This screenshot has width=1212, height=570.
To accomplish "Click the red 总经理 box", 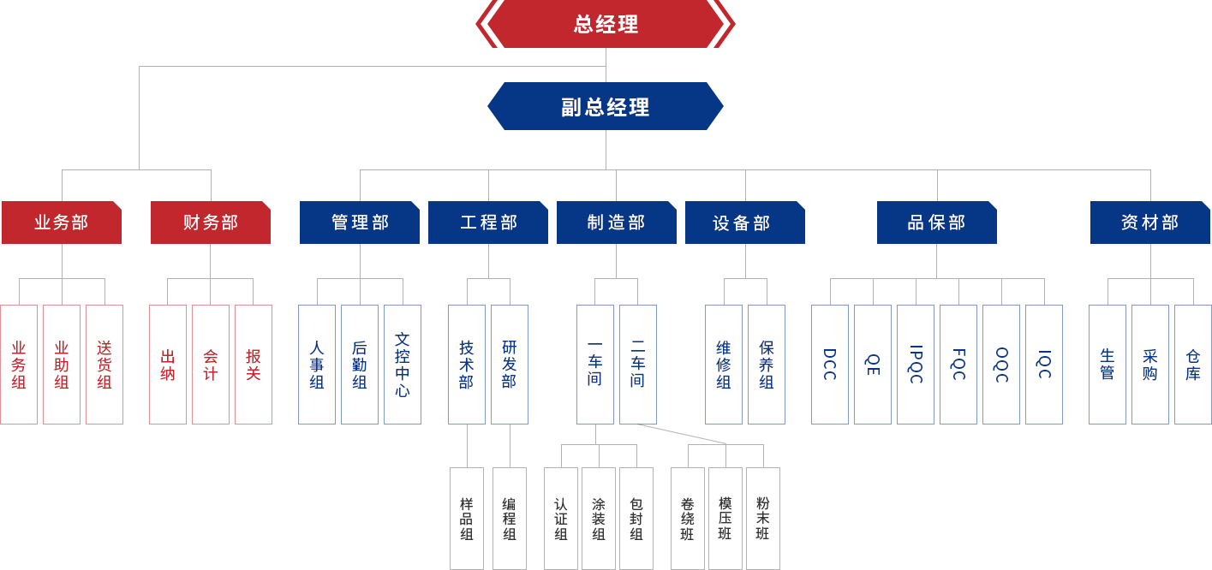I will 605,24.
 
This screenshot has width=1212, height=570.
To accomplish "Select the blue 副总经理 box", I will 605,105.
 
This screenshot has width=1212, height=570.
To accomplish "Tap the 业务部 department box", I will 62,222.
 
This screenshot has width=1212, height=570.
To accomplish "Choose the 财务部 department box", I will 211,222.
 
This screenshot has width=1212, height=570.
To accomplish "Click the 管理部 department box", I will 360,222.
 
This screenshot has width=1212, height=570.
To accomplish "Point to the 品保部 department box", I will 937,222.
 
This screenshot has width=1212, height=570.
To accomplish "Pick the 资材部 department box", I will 1150,222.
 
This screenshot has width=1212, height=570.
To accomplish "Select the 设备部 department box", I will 745,222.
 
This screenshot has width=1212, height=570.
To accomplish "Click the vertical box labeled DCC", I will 830,364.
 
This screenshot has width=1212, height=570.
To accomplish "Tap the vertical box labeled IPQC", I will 916,364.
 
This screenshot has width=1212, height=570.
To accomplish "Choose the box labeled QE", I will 873,364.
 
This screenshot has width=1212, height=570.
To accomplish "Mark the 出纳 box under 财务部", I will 168,364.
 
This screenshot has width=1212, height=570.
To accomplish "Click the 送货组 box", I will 104,364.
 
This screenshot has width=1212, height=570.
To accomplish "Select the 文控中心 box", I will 403,364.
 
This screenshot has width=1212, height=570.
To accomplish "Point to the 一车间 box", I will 595,364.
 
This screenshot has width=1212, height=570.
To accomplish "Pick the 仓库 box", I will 1193,364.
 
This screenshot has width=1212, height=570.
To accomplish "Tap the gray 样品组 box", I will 467,518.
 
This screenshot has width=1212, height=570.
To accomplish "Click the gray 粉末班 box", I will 763,518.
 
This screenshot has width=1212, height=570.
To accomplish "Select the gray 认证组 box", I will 561,518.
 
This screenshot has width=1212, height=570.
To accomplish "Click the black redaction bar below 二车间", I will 677,434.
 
